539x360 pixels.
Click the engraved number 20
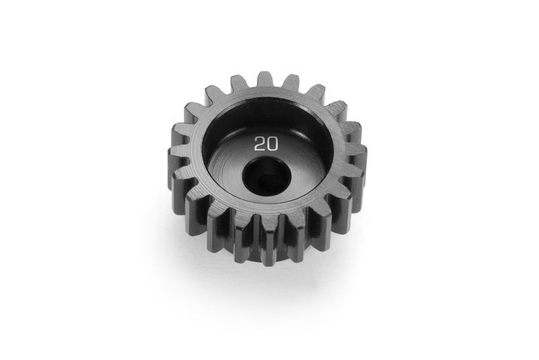click(266, 144)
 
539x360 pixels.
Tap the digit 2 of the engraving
click(259, 144)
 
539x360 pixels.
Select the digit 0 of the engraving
click(272, 144)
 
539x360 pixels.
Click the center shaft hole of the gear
click(267, 176)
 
